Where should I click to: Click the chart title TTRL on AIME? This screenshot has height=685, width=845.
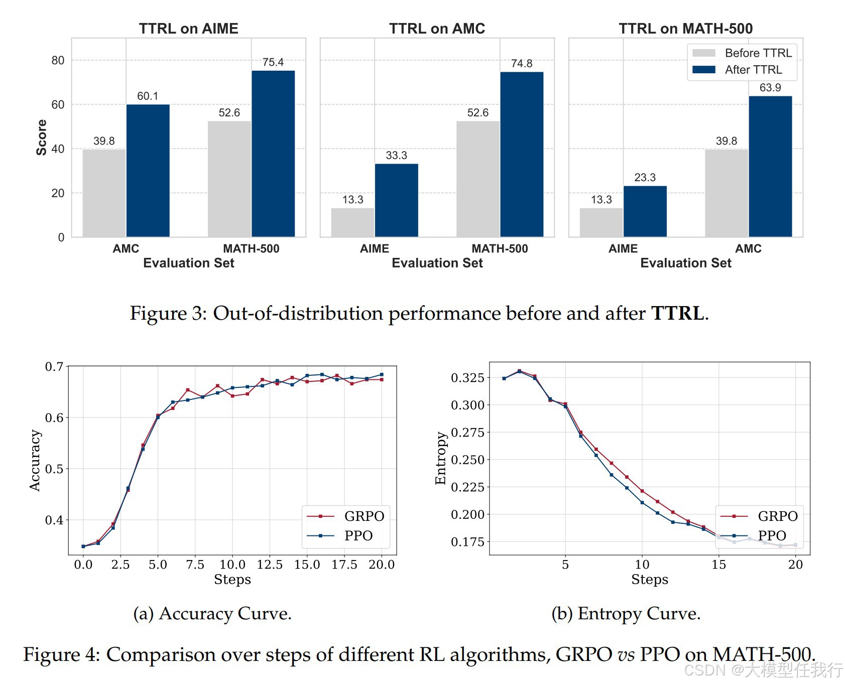(188, 29)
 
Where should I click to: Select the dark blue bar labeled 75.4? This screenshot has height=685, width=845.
(273, 154)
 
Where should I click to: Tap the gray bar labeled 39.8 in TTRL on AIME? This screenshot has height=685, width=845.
(104, 193)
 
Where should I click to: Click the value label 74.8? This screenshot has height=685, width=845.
(522, 64)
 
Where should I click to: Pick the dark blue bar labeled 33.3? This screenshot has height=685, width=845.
(396, 200)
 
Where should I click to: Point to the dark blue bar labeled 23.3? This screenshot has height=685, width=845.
(645, 211)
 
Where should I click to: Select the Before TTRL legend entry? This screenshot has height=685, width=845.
(742, 53)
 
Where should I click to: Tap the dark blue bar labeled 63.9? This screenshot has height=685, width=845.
(770, 166)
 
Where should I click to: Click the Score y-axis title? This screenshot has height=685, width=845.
(41, 138)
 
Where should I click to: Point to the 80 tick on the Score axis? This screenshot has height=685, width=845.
(58, 61)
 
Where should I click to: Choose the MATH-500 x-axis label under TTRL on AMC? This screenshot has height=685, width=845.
(500, 248)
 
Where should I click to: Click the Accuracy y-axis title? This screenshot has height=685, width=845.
(35, 460)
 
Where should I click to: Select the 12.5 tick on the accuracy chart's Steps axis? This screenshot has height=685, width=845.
(270, 565)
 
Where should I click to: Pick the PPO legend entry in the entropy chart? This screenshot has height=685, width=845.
(758, 536)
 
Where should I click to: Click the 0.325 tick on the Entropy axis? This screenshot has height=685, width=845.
(467, 378)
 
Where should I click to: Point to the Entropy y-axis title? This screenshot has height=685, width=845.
(440, 458)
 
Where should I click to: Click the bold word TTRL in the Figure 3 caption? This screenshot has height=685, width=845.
(677, 313)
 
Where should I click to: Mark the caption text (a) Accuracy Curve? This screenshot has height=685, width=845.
(212, 613)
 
